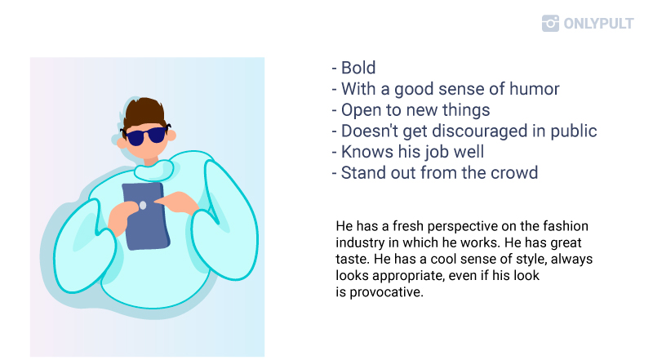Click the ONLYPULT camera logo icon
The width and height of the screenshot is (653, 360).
click(550, 24)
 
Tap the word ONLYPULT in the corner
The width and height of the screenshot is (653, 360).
click(598, 24)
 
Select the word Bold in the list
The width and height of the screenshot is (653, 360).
click(358, 68)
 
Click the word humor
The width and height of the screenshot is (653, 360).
click(535, 89)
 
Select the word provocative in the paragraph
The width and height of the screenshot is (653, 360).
click(386, 292)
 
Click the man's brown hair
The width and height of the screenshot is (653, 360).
click(144, 111)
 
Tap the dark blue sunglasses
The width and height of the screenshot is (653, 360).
click(145, 136)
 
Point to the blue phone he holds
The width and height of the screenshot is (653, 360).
click(146, 216)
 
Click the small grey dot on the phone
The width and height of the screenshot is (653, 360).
click(142, 205)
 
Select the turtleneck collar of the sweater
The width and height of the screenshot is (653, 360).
click(153, 170)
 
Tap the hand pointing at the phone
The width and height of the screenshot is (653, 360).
click(177, 202)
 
